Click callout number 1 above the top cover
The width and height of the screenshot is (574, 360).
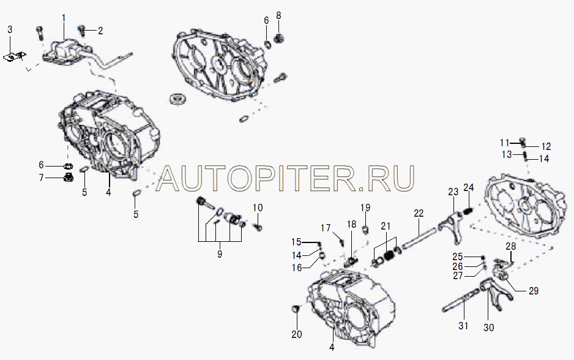[x=64, y=18]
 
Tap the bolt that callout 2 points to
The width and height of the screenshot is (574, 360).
[x=82, y=31]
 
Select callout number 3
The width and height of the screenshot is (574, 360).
[x=10, y=29]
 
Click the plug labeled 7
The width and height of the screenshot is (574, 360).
[x=68, y=178]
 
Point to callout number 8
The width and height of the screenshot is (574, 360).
[x=278, y=15]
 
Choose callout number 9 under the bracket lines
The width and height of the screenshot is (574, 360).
[x=220, y=254]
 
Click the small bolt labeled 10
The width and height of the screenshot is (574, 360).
[x=258, y=227]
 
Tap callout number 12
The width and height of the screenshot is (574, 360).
[x=546, y=146]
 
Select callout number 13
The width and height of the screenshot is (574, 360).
[x=507, y=154]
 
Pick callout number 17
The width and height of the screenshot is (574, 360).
[x=326, y=228]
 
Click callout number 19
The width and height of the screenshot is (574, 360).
[x=365, y=208]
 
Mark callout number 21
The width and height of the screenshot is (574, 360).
[x=386, y=227]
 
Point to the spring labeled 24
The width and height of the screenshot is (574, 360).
[x=469, y=211]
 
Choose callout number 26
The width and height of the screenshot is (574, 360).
[x=458, y=266]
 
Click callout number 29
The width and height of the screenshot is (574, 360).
[x=534, y=291]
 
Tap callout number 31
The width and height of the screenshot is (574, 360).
[x=463, y=325]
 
